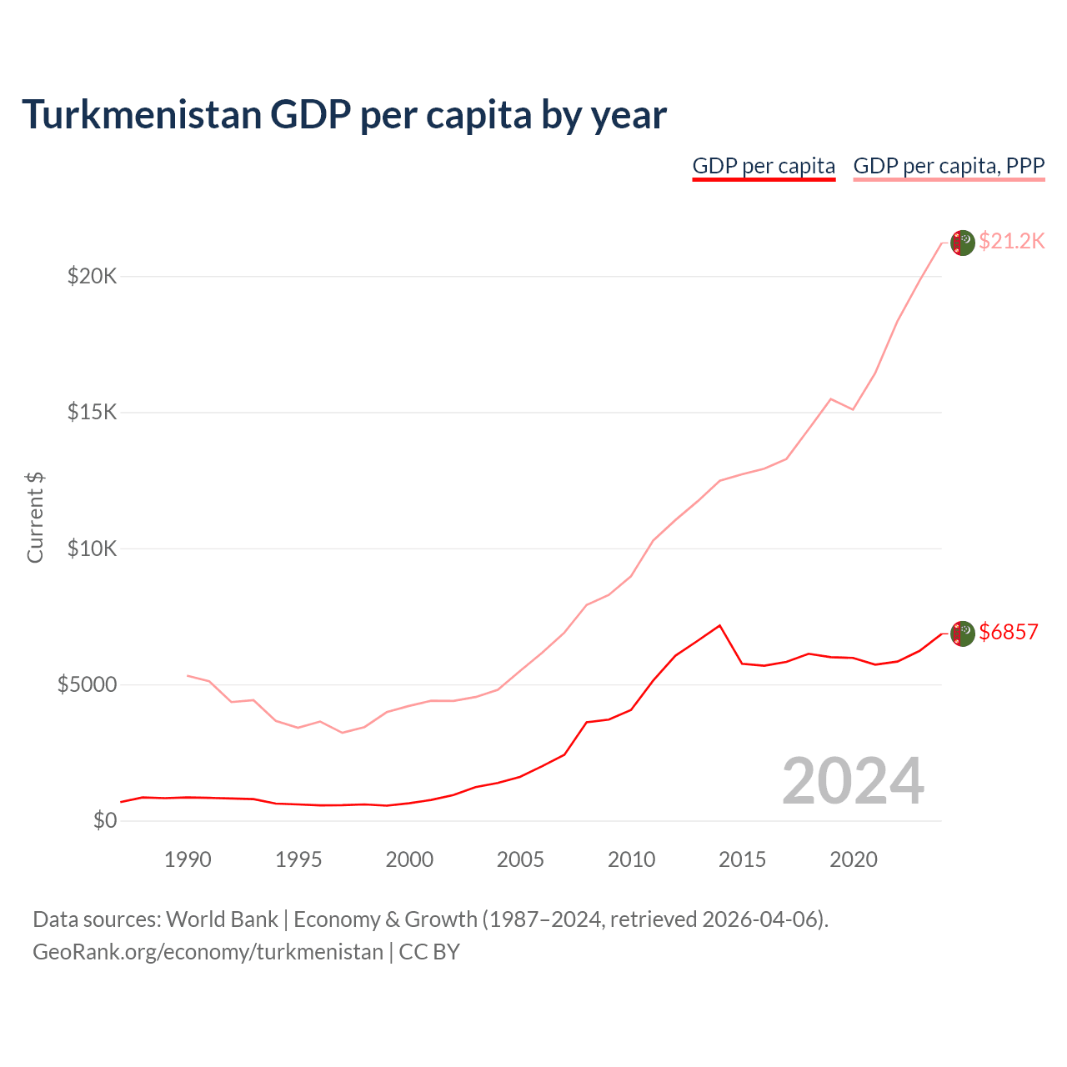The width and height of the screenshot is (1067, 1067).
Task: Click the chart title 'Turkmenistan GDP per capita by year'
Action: coord(343,115)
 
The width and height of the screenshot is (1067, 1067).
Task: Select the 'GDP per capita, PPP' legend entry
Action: coord(949,166)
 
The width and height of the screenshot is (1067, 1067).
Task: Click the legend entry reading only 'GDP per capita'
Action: coord(764,166)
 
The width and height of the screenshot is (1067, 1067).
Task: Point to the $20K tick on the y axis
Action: coord(92,276)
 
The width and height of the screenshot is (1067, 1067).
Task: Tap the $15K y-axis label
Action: coord(92,413)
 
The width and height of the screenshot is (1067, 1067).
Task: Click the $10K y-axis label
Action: coord(92,549)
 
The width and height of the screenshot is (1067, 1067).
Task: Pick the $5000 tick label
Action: coord(87,684)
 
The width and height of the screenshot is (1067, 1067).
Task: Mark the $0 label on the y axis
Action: coord(104,820)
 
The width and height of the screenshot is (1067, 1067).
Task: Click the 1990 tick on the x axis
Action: coord(188,859)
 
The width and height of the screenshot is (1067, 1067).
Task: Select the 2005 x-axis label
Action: coord(520,859)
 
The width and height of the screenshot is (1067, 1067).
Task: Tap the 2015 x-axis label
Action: coord(742,859)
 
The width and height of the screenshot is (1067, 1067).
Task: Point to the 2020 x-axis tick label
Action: coord(853,859)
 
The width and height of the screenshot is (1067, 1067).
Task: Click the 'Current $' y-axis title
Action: coord(35,517)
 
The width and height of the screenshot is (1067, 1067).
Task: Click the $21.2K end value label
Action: coord(1011,241)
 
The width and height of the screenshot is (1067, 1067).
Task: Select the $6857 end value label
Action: coord(1009,632)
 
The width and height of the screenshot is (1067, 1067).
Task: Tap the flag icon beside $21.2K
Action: coord(963,243)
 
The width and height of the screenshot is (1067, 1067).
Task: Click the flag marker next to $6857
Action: coord(963,634)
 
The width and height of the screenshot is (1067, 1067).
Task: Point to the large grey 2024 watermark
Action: coord(853,781)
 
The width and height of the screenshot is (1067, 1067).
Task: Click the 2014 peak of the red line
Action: coord(719,625)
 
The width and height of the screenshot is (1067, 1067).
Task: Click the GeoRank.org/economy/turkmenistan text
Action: coord(208,951)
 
